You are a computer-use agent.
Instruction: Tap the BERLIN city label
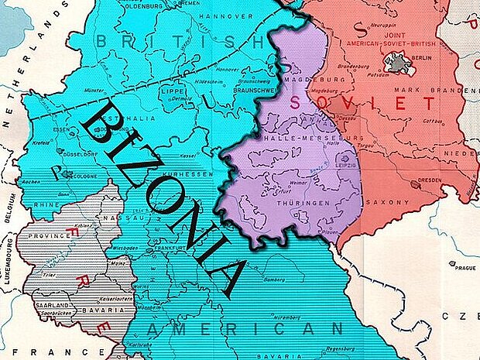click(x=422, y=58)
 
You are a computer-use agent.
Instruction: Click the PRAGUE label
click(x=465, y=268)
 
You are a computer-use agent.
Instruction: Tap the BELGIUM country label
click(x=10, y=207)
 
